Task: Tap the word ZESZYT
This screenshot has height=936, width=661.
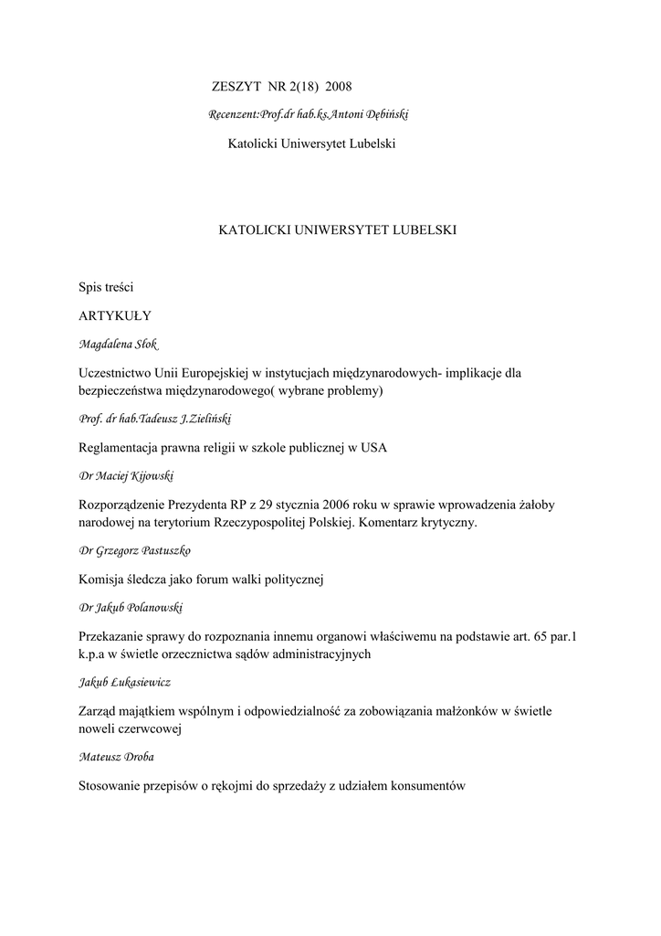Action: point(237,86)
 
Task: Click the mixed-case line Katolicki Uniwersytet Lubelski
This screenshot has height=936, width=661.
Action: point(310,144)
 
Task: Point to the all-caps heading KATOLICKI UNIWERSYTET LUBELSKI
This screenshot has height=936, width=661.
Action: point(337,230)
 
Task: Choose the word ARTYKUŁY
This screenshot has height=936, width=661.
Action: point(115,315)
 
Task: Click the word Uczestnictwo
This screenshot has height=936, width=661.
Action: point(121,373)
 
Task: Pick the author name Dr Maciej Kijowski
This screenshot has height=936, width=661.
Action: point(128,476)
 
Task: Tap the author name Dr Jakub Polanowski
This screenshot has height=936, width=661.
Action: point(133,608)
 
